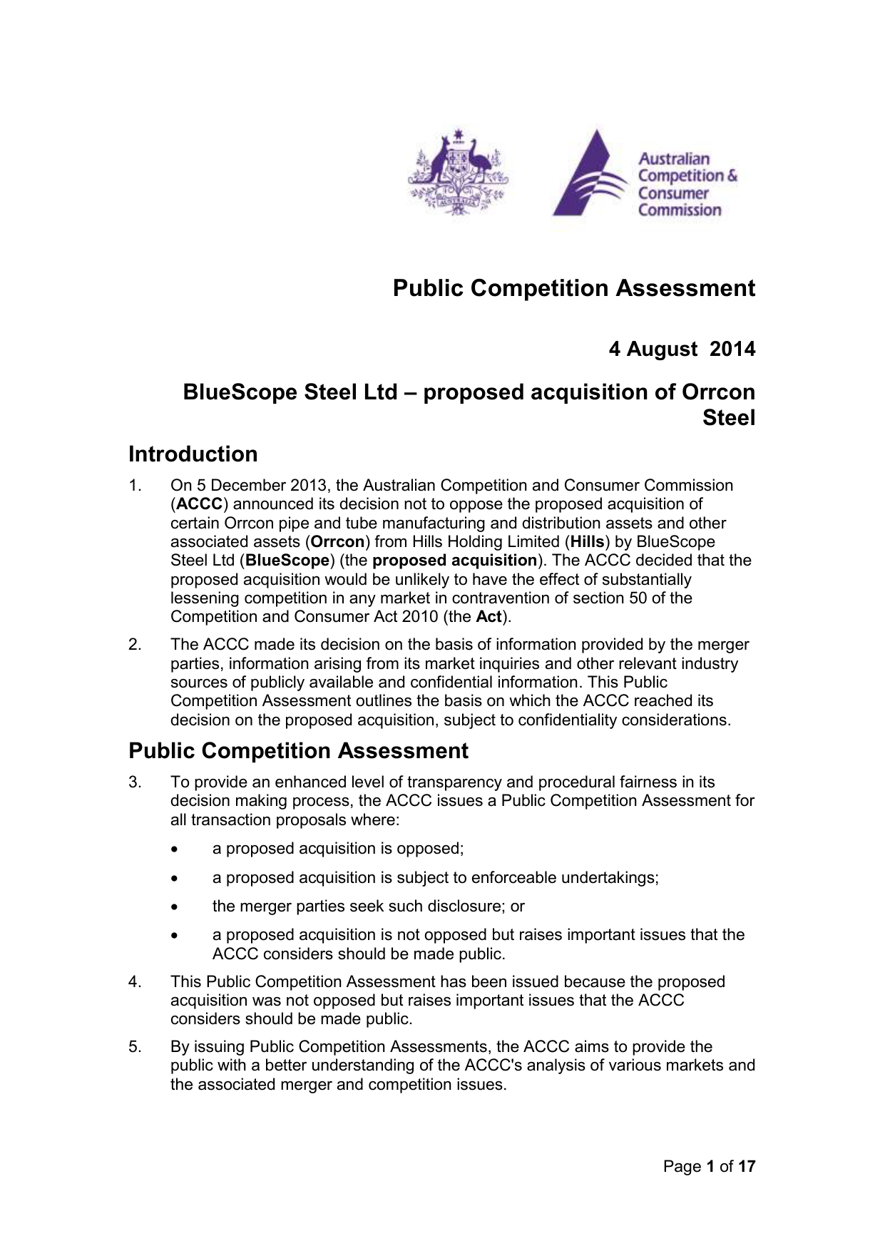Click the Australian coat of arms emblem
point(458,171)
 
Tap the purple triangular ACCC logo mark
point(589,175)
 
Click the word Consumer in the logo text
point(673,193)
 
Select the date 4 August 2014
point(681,349)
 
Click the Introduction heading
point(193,454)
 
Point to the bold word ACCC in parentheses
point(200,504)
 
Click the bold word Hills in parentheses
point(588,542)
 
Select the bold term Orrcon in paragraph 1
point(338,542)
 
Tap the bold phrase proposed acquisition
point(454,561)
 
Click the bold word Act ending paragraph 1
point(488,617)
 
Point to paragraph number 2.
point(135,645)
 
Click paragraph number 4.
point(135,982)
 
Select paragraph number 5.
point(135,1047)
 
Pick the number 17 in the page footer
point(746,1167)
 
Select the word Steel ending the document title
point(728,418)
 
